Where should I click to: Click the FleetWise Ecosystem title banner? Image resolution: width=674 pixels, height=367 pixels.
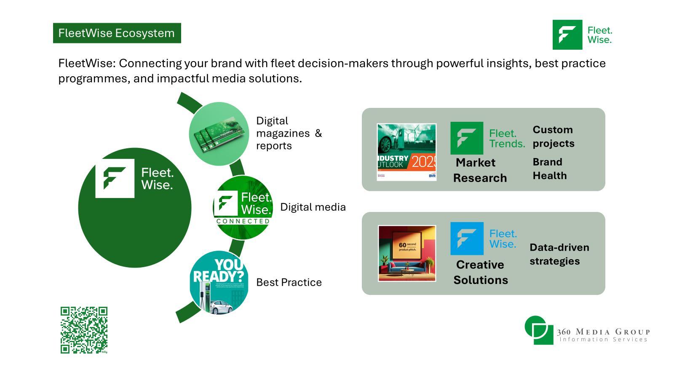click(x=117, y=33)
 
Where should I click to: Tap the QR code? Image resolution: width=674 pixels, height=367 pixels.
click(x=84, y=330)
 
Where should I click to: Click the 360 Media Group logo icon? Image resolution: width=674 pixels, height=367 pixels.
click(x=539, y=330)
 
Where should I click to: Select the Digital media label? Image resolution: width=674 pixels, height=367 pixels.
click(x=313, y=207)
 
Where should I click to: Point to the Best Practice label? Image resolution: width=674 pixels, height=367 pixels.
click(x=289, y=282)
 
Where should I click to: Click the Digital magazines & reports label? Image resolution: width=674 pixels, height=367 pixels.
click(x=289, y=133)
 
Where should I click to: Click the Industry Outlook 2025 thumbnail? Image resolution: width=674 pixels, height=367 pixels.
click(x=407, y=152)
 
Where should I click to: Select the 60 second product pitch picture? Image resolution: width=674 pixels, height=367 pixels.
click(x=407, y=253)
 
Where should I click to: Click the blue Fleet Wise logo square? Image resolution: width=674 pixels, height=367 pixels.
click(x=467, y=238)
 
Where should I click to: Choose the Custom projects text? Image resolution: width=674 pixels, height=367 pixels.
click(x=553, y=137)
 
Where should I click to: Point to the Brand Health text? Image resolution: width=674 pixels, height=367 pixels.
click(x=549, y=169)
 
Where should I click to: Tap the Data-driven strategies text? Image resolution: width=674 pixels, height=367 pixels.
click(x=559, y=254)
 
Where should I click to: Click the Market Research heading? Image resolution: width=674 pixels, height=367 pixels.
click(x=479, y=170)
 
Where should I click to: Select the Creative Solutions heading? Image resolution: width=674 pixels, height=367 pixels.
click(x=480, y=272)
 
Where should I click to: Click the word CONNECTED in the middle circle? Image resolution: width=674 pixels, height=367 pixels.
click(x=243, y=221)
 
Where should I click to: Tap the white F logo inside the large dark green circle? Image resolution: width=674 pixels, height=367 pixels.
click(x=115, y=178)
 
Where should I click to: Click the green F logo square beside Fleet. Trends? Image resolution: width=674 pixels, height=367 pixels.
click(x=466, y=138)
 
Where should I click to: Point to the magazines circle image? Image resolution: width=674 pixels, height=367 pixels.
click(x=219, y=134)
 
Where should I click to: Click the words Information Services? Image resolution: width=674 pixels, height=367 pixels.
click(x=603, y=340)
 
